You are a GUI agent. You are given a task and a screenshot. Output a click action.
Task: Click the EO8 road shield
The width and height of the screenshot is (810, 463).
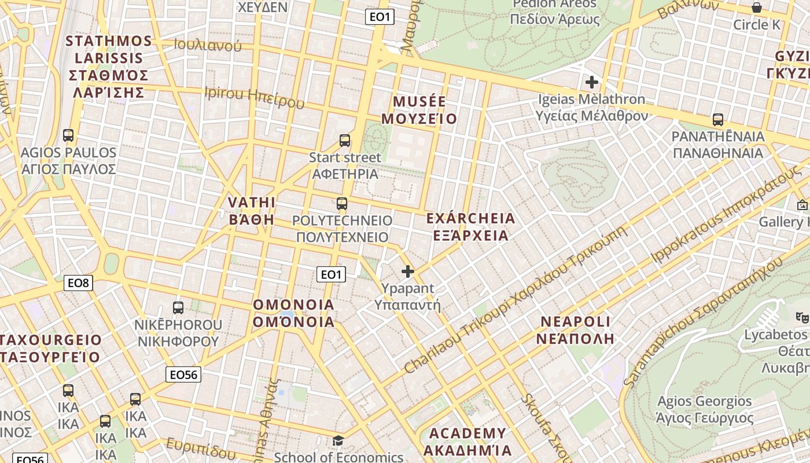click(78, 283)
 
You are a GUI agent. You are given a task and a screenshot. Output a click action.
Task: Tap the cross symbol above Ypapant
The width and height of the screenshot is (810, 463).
click(408, 271)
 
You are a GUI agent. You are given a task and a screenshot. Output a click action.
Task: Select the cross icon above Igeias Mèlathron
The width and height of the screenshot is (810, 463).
click(591, 82)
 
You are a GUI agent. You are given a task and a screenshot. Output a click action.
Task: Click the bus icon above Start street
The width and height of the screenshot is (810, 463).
click(345, 141)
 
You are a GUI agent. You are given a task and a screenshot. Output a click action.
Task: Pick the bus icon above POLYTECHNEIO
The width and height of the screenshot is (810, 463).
click(342, 204)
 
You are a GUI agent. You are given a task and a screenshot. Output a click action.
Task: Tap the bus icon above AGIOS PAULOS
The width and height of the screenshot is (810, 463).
click(68, 135)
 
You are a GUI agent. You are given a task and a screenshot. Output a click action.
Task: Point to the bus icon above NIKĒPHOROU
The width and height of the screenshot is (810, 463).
click(178, 308)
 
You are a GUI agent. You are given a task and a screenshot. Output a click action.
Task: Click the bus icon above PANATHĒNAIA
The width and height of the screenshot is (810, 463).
click(718, 120)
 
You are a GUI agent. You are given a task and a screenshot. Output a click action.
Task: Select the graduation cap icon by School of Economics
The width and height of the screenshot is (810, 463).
click(338, 441)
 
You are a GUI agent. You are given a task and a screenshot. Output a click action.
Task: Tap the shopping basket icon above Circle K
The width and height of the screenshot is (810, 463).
click(756, 8)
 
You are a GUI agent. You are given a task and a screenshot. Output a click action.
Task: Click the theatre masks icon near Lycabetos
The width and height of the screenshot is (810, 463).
click(802, 317)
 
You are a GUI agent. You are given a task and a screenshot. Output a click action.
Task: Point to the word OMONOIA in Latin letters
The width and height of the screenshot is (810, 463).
click(294, 305)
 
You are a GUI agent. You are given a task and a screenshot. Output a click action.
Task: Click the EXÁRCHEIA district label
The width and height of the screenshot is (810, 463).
click(470, 219)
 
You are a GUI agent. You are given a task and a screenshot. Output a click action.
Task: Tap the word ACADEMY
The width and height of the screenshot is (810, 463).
click(467, 433)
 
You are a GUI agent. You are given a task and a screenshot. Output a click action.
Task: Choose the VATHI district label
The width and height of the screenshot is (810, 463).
click(252, 203)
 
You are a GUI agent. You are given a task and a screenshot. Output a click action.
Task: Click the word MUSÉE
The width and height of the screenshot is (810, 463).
click(419, 102)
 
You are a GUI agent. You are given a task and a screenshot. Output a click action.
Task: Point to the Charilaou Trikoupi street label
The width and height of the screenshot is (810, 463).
click(515, 301)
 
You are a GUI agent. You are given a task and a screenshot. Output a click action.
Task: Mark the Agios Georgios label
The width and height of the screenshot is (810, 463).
click(705, 401)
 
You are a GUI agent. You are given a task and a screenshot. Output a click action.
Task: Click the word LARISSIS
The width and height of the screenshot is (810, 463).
click(109, 58)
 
